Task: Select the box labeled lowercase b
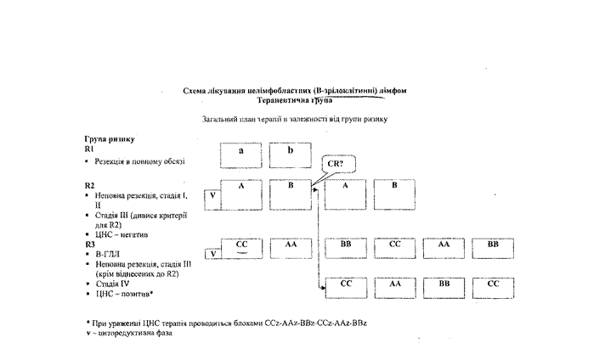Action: [290, 155]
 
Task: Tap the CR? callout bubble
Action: [336, 162]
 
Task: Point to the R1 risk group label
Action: [91, 149]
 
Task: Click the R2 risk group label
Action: [91, 184]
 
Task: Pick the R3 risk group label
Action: [91, 245]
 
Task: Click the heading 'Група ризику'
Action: [110, 138]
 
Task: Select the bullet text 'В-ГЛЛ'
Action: [107, 254]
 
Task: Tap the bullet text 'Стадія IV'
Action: [114, 284]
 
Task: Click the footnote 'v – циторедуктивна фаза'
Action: [129, 334]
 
